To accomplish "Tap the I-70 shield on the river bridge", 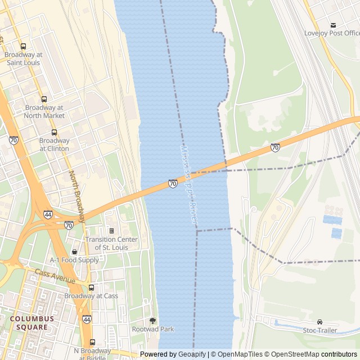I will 173,184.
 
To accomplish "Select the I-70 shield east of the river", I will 275,148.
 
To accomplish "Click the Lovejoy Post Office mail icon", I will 334,25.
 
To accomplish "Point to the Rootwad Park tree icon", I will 152,321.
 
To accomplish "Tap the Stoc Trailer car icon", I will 319,322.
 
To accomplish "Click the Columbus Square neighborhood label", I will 31,323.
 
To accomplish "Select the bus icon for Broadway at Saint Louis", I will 23,47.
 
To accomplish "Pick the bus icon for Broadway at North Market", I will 44,100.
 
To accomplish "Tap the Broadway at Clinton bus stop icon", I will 55,132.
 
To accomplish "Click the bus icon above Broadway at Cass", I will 91,287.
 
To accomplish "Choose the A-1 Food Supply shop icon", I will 74,251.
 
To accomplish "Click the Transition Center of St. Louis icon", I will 111,231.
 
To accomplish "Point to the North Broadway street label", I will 77,196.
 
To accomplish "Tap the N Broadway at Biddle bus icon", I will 92,342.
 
